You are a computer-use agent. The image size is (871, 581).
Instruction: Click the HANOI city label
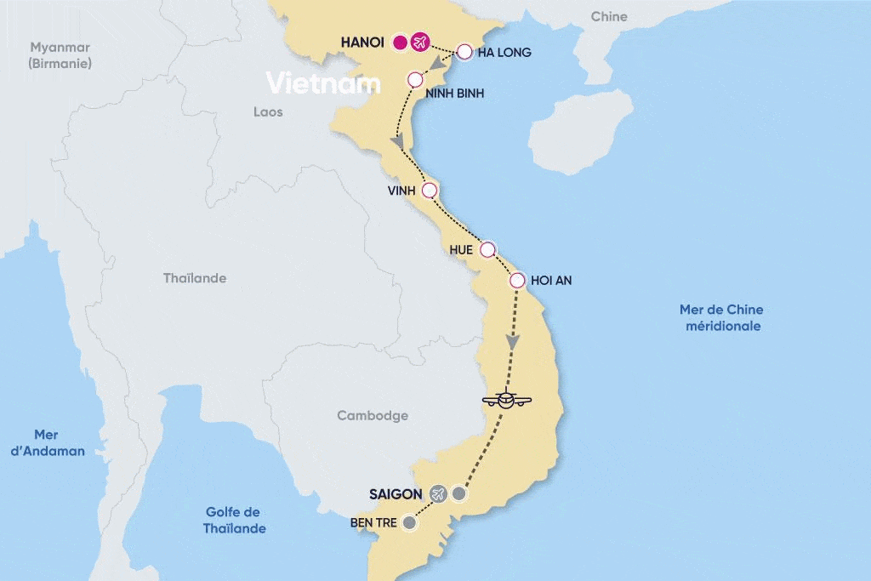(362, 42)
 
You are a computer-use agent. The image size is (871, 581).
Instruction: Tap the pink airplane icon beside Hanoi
(419, 42)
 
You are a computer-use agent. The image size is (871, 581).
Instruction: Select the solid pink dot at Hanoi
(400, 42)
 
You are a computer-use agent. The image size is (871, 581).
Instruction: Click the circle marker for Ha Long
(464, 52)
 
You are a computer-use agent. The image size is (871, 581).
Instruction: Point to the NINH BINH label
(456, 94)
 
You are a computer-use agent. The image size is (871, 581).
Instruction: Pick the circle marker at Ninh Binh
(415, 80)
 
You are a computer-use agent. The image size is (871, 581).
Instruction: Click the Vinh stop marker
(429, 190)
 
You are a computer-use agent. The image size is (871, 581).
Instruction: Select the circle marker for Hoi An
(516, 280)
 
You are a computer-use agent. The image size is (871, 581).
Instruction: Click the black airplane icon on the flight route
(506, 400)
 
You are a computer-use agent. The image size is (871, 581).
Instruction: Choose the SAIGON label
(396, 493)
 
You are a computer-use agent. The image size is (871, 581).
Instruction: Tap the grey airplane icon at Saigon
(438, 493)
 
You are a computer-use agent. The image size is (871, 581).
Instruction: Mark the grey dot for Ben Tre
(409, 523)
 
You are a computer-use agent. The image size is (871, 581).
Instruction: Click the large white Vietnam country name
(322, 83)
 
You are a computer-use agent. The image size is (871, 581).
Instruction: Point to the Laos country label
(268, 111)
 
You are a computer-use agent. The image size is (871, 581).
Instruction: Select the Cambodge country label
(373, 415)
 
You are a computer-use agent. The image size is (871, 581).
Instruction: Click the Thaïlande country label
(195, 278)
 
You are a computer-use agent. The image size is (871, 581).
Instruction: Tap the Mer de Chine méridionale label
(721, 317)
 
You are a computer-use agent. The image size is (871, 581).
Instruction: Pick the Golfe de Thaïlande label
(234, 520)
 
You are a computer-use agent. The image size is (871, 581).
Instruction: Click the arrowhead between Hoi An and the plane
(512, 341)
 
